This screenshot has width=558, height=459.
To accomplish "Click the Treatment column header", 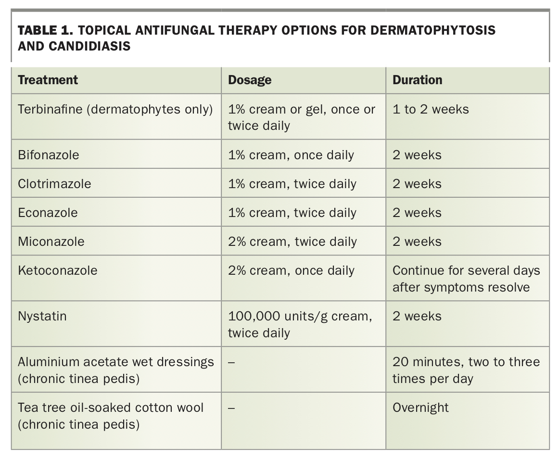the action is click(48, 80).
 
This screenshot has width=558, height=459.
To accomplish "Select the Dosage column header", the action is click(250, 80).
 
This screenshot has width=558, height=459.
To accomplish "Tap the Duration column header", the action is click(417, 80).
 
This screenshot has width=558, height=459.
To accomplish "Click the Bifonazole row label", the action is click(49, 155).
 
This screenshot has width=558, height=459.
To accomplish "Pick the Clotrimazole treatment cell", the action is click(54, 184).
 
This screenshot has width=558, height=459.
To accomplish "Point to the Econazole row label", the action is click(48, 213).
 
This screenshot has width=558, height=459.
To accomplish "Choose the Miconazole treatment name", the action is click(51, 241).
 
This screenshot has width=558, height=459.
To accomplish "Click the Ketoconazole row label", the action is click(57, 270).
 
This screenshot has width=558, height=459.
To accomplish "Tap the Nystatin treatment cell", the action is click(42, 316).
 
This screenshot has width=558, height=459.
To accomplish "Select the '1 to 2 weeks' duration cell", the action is click(431, 109).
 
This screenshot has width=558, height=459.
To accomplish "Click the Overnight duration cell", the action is click(420, 408).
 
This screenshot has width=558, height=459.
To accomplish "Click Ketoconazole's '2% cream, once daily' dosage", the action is click(291, 271).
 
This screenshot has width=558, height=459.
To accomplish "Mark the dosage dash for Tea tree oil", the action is click(231, 408).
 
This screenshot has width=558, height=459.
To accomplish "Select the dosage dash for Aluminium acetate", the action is click(231, 362).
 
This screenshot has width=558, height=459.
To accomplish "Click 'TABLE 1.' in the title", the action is click(45, 30).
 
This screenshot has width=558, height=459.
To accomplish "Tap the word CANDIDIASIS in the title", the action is click(89, 46).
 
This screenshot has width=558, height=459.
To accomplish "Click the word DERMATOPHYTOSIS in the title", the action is click(433, 30).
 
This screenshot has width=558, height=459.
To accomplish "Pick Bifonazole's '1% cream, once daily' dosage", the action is click(291, 155).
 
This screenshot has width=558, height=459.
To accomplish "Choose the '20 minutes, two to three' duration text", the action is click(466, 362).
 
